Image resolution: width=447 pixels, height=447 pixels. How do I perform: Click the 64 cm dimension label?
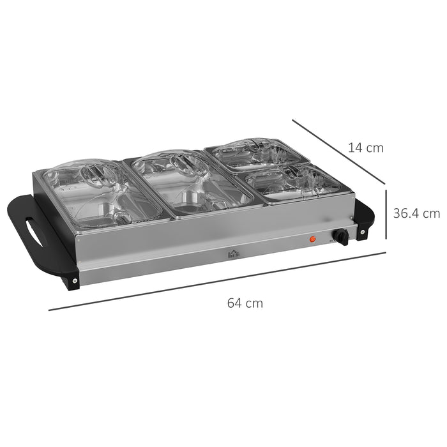(x=245, y=303)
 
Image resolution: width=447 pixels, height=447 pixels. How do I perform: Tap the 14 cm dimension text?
(x=365, y=148)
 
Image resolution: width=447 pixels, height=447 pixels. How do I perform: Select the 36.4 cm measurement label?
(x=416, y=213)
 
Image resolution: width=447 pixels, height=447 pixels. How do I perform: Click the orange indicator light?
(x=313, y=239)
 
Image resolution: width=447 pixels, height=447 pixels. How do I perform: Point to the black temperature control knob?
(x=341, y=238)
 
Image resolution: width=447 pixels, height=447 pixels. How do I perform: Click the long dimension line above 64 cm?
(x=217, y=281)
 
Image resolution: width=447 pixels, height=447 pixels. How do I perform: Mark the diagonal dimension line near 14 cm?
(x=338, y=151)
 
